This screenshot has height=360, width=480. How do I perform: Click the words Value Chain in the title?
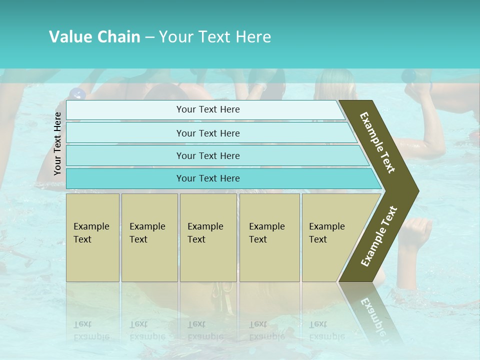(x=94, y=36)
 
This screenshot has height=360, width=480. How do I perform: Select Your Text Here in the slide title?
(x=215, y=36)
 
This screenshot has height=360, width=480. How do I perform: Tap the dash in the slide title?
(x=149, y=37)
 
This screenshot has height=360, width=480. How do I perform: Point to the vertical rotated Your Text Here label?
(x=57, y=143)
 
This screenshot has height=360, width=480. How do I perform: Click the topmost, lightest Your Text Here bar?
(x=208, y=109)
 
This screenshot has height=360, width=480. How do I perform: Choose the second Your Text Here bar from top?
(x=208, y=133)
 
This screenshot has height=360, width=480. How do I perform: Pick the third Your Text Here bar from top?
(x=208, y=155)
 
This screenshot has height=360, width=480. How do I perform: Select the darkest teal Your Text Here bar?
(x=208, y=178)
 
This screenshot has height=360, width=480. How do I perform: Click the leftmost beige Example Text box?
(x=92, y=237)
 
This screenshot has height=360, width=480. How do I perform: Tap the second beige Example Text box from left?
(x=149, y=237)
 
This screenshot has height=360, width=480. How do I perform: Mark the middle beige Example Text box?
(x=208, y=237)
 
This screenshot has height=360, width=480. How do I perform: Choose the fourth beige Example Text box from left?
(x=269, y=237)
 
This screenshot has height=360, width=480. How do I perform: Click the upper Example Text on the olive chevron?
(x=377, y=143)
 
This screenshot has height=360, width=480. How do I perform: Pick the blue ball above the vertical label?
(x=76, y=93)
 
